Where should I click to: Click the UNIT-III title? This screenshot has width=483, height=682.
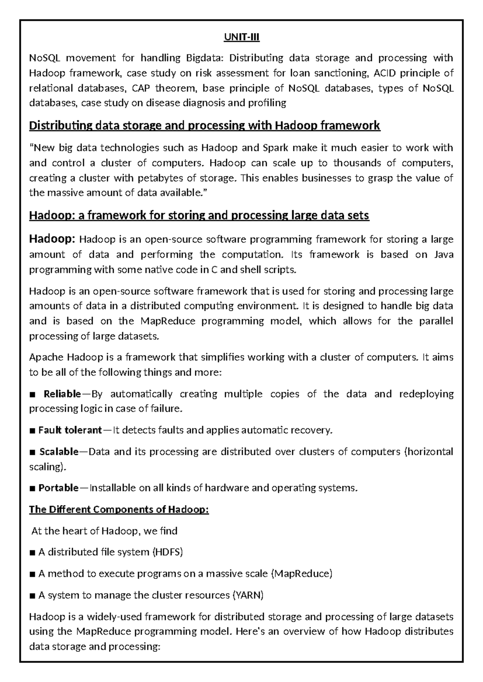pos(242,38)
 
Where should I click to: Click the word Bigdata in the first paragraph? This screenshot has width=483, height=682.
pos(203,58)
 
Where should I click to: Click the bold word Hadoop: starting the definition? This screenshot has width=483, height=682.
pos(52,239)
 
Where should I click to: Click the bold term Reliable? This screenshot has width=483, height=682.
pos(62,394)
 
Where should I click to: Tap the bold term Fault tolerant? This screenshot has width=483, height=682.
pos(70,430)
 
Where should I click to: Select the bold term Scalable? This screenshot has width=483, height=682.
pos(59,452)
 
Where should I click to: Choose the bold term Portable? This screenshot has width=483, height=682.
pos(58,488)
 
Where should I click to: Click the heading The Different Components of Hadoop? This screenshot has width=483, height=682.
pos(119,509)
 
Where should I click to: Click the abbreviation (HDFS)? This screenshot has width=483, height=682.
pos(167,552)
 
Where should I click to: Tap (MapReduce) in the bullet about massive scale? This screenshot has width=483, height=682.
pos(301,574)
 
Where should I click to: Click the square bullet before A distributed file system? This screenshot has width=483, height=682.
pos(33,553)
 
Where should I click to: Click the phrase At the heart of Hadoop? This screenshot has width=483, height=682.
pos(84,531)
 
